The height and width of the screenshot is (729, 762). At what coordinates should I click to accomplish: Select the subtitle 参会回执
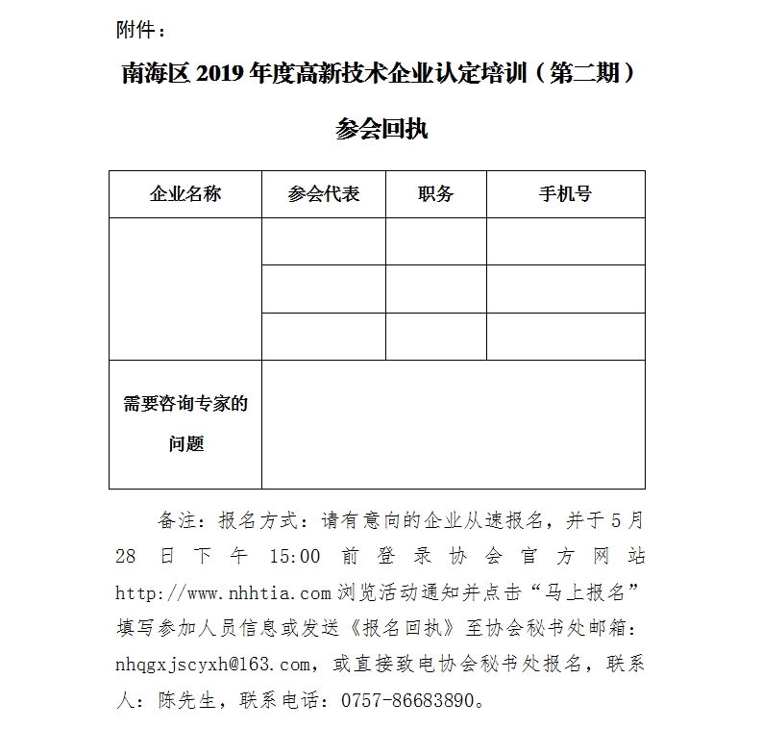pos(381,129)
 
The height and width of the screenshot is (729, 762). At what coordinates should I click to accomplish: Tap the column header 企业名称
pos(185,193)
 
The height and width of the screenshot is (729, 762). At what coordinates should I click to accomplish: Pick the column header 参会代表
pos(324,193)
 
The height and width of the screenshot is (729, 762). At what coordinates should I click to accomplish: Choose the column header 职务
pos(435,193)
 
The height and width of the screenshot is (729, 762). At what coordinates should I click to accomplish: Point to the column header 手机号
pos(565,193)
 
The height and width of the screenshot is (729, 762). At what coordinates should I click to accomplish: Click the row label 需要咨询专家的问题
pos(185,423)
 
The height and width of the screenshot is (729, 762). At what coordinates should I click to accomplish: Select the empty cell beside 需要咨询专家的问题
pos(453,424)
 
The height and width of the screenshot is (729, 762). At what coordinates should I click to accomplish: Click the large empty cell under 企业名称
pos(185,289)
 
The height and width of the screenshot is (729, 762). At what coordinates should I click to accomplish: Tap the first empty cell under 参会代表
pos(324,241)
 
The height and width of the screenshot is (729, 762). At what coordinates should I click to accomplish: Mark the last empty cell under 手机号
pos(565,336)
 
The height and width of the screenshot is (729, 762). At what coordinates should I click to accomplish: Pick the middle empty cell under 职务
pos(435,289)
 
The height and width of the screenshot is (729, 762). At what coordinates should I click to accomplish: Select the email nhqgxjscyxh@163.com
pos(213,664)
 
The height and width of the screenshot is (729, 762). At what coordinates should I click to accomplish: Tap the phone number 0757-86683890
pos(407,700)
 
